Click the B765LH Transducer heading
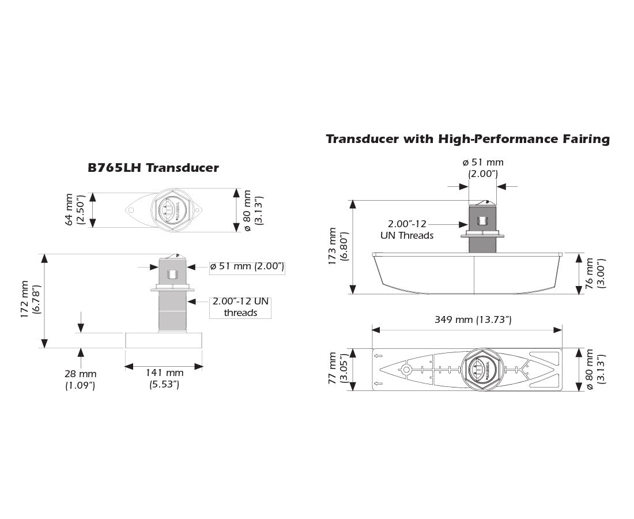153,168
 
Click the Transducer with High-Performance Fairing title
467,139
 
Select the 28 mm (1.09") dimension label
80,379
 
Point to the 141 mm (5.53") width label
164,378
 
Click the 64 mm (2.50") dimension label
75,210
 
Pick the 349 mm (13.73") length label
466,319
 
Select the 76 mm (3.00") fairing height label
594,273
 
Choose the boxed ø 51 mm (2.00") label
246,266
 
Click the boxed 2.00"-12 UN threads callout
240,307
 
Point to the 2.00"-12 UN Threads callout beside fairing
407,229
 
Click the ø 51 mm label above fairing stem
483,168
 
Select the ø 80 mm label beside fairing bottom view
594,370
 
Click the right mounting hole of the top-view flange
197,211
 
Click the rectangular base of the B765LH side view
164,340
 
